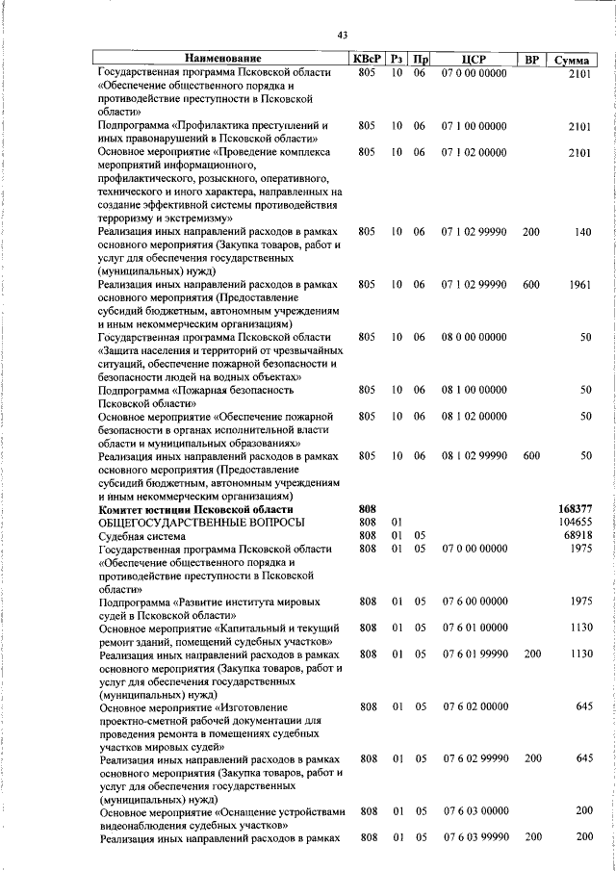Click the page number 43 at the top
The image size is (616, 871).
click(x=342, y=37)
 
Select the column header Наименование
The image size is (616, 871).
click(x=222, y=60)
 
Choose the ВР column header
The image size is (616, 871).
click(x=530, y=60)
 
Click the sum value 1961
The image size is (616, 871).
click(x=578, y=285)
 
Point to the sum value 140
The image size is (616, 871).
click(x=581, y=232)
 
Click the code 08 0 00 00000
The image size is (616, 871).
click(x=474, y=337)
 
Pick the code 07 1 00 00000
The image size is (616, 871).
click(x=474, y=126)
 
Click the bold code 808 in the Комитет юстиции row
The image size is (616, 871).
click(x=366, y=509)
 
